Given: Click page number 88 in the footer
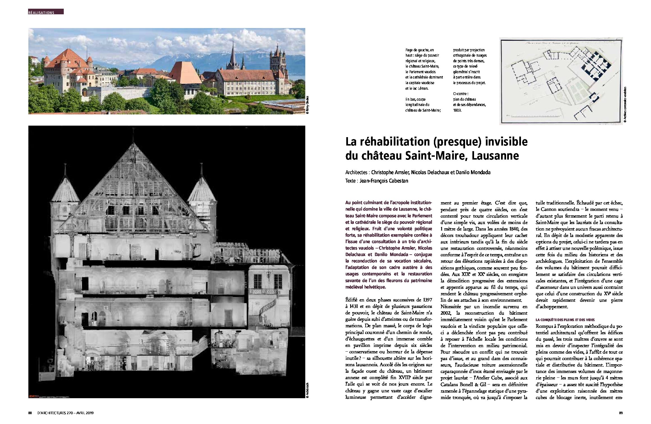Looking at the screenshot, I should [30, 413].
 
